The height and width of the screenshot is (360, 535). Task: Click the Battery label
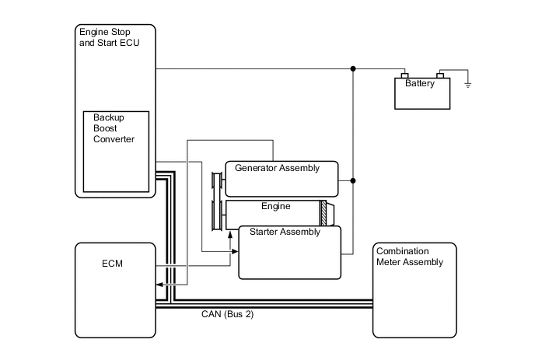[420, 83]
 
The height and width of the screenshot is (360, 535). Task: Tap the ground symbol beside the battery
[468, 83]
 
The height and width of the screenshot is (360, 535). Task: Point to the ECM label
[112, 264]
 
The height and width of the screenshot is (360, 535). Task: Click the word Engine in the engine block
[275, 206]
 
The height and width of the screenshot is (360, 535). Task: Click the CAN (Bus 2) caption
[227, 315]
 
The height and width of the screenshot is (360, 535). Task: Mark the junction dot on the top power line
[354, 68]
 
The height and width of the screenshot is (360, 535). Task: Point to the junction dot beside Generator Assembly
[354, 180]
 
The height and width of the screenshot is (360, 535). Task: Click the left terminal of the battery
[404, 75]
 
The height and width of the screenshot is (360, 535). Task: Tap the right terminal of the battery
[439, 75]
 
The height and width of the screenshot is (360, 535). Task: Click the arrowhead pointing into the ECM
[159, 285]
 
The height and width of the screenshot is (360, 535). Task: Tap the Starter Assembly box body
[289, 257]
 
